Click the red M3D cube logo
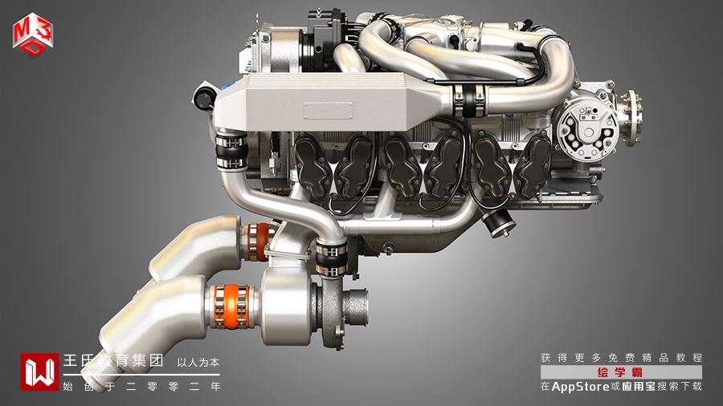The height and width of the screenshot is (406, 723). tap(33, 34)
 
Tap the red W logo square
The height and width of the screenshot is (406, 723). tap(39, 372)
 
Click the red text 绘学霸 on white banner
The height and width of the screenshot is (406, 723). tap(620, 372)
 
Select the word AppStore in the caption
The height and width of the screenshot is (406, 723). tap(581, 387)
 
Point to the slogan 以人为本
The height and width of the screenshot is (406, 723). tap(198, 363)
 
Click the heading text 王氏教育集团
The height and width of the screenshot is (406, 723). tap(113, 360)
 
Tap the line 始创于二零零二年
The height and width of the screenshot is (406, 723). tap(141, 386)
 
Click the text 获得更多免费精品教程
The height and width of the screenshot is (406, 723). tap(622, 358)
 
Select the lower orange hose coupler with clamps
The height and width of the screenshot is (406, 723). tap(232, 307)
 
